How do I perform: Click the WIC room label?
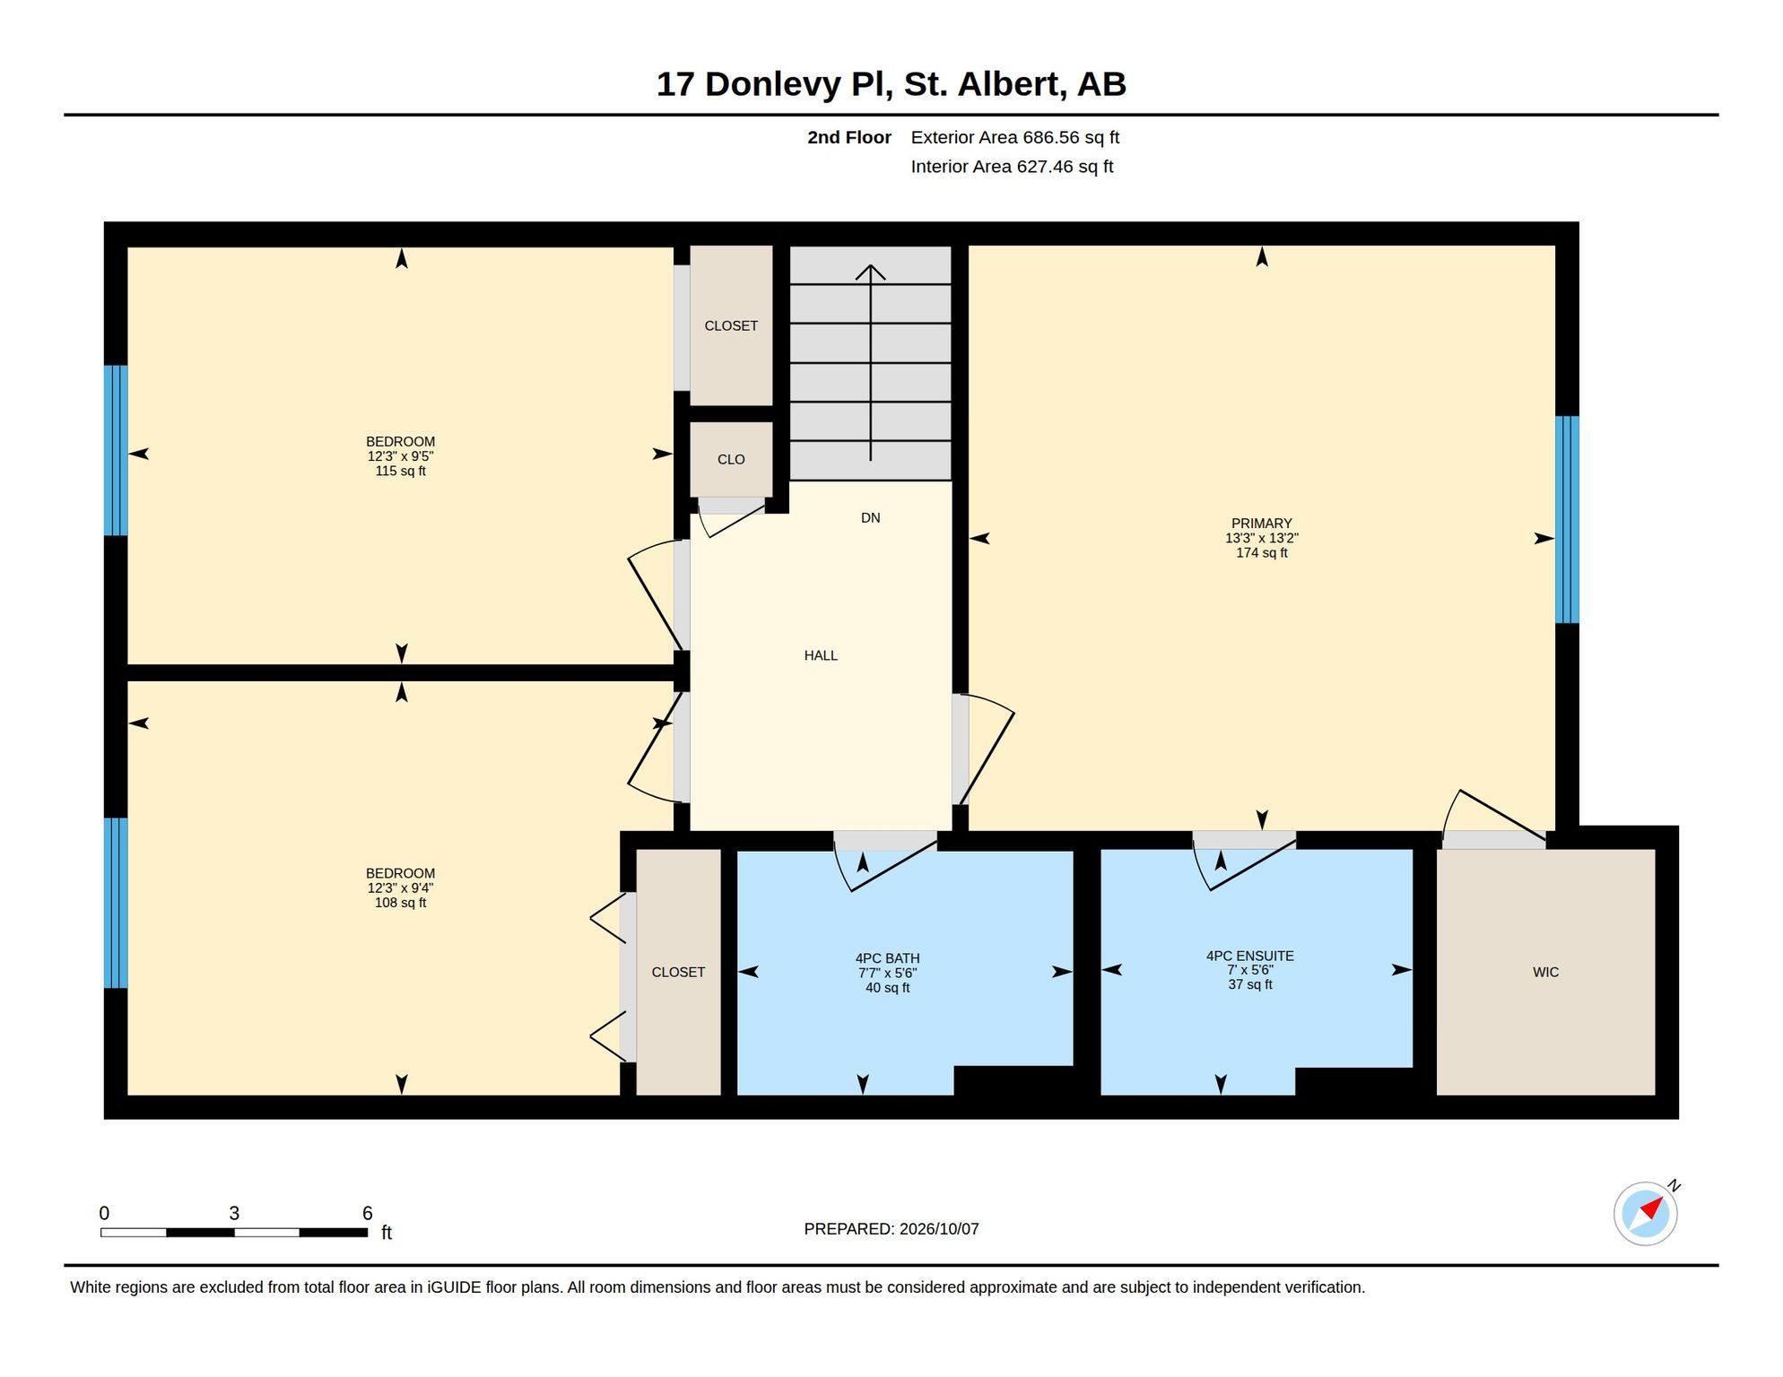1545,972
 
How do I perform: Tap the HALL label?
821,655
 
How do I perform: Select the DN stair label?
870,517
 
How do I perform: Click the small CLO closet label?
731,459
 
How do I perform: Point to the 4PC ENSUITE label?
1249,956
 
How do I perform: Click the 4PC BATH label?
887,958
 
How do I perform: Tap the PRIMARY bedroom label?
1261,524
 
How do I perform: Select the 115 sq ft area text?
400,471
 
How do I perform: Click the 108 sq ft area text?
400,903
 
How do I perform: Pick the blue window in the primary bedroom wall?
1567,519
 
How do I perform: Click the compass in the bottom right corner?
1646,1214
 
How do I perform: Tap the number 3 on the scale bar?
234,1213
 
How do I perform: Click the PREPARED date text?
891,1229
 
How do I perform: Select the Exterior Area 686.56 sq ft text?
1014,137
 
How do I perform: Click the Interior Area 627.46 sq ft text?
1012,167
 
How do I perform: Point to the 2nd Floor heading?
848,137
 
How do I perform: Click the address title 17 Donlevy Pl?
774,84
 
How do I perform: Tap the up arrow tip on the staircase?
870,264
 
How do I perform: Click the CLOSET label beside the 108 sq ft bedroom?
678,972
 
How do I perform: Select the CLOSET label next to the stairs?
731,325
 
